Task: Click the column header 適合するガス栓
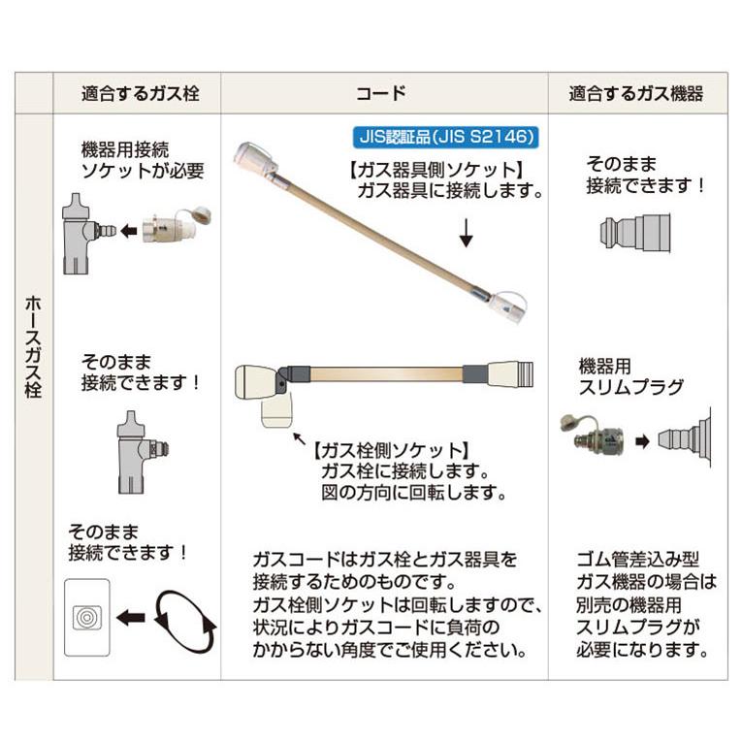pos(140,94)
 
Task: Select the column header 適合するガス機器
pos(635,94)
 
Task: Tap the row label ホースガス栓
pos(32,349)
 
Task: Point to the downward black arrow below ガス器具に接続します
pos(465,233)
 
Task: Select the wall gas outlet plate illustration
pos(86,617)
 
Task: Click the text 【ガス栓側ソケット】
pos(391,451)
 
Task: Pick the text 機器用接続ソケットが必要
pos(143,161)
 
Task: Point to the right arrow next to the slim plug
pos(642,439)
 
